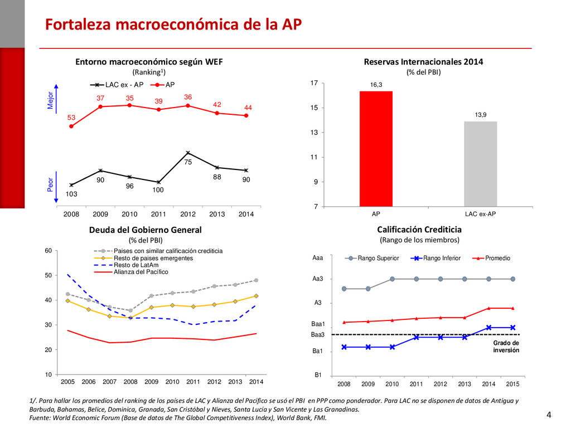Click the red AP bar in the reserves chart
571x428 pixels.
point(376,149)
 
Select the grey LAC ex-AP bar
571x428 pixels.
point(480,164)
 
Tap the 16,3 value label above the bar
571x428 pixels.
point(376,85)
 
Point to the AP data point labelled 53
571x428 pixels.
point(71,127)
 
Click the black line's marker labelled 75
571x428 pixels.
point(188,153)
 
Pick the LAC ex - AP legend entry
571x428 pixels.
point(117,85)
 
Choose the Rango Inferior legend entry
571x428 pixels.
point(435,258)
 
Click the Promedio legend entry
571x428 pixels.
point(491,258)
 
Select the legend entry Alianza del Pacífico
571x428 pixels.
point(131,272)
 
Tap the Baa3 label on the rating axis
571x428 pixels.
point(317,334)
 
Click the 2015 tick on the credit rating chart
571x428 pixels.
point(512,384)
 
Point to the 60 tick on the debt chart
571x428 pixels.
point(49,250)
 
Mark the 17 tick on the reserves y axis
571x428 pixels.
point(314,83)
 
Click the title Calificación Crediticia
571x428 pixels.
point(419,230)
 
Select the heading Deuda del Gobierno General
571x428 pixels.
point(146,230)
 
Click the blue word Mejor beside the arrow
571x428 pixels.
point(50,100)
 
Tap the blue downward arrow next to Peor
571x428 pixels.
point(56,187)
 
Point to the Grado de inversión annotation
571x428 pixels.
point(506,347)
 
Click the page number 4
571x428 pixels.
point(549,415)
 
